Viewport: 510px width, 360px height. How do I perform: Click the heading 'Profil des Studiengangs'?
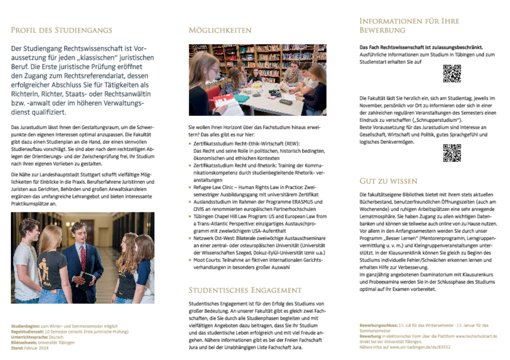tap(61, 30)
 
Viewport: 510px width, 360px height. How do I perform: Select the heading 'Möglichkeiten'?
tap(220, 30)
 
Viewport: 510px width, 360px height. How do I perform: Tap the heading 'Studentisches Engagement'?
tap(245, 290)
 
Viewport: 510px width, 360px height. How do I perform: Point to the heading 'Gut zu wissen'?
tap(388, 181)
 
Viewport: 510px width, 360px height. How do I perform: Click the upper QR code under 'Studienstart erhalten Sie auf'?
tap(452, 73)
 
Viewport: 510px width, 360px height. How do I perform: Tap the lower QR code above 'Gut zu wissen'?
tap(452, 153)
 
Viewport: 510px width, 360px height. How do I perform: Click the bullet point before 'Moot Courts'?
tap(191, 260)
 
